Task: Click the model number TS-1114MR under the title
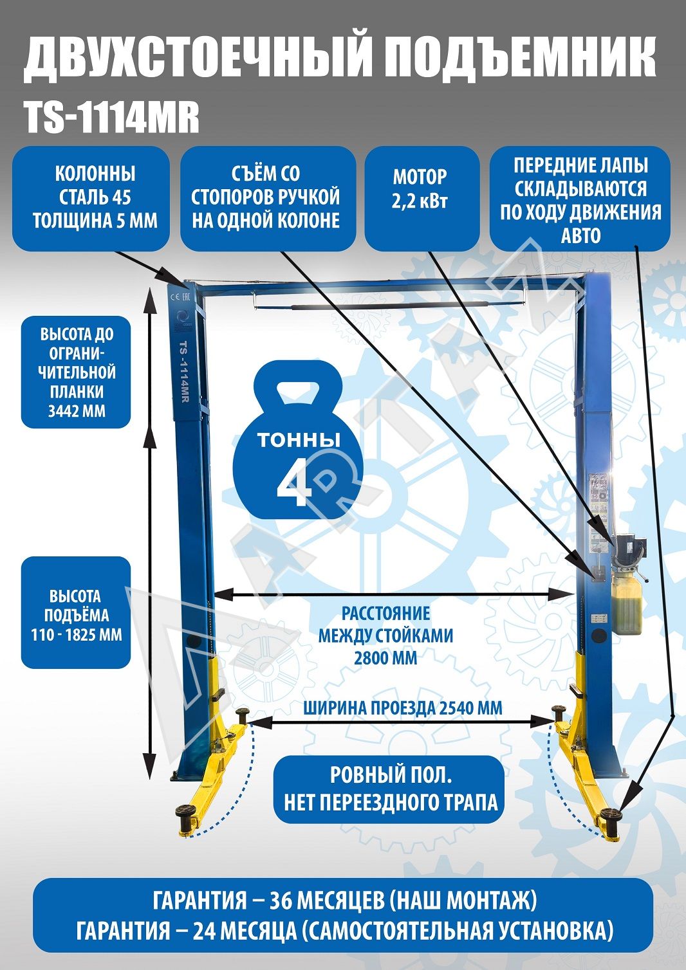point(112,118)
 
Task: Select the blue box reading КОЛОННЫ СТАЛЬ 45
point(95,197)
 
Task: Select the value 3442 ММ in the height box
point(77,411)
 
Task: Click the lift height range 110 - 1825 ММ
point(77,635)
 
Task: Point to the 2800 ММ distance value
point(385,658)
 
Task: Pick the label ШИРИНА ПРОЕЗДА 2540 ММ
point(403,708)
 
